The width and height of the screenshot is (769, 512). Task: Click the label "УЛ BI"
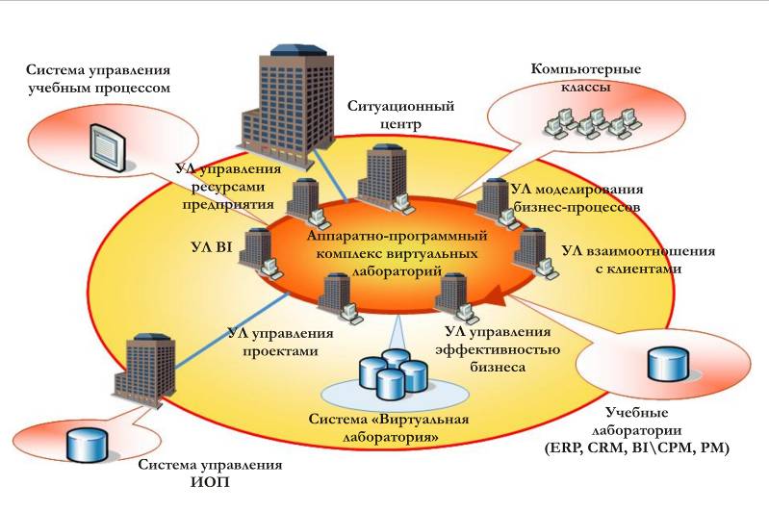click(211, 247)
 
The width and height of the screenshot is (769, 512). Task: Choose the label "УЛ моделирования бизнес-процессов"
click(577, 198)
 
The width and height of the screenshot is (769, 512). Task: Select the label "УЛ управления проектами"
click(280, 342)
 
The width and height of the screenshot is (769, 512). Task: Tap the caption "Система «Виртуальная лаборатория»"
click(388, 428)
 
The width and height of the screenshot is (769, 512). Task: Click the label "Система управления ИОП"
click(210, 474)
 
